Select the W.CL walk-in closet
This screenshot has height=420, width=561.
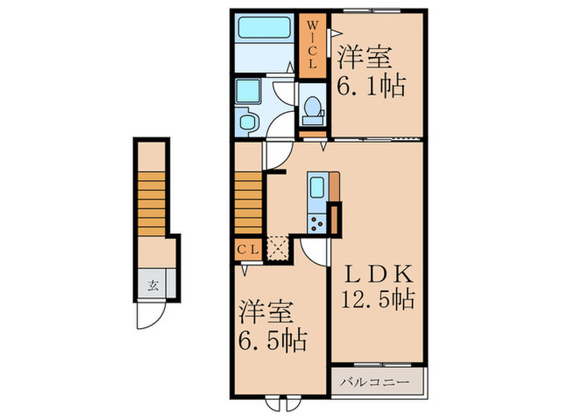(x=313, y=46)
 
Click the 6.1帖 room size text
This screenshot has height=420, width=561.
(x=369, y=82)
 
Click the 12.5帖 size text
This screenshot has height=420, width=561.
(x=378, y=301)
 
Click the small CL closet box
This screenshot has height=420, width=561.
(x=248, y=249)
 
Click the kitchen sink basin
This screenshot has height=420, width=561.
(x=316, y=188)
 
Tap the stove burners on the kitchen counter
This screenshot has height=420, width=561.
(x=316, y=222)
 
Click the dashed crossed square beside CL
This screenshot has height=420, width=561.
(x=278, y=248)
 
